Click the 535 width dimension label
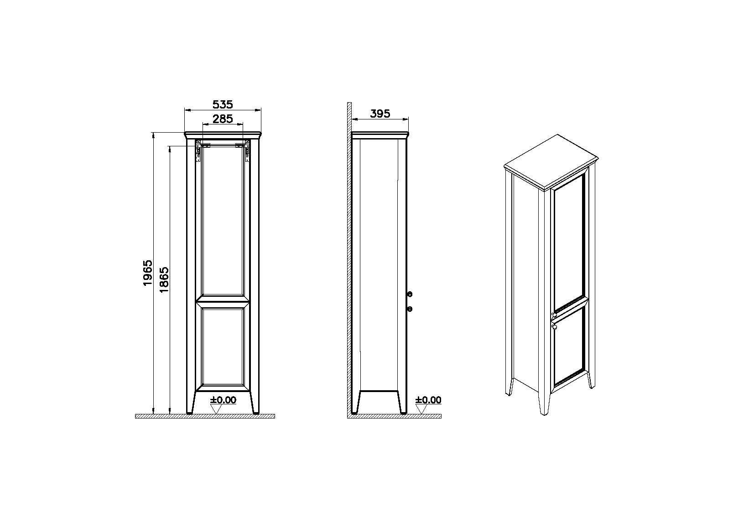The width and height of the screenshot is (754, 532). pos(223,105)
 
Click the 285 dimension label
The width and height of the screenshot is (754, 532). pos(223,119)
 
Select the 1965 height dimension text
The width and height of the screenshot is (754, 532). pos(148,273)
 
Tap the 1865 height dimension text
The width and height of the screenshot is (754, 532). pos(164,279)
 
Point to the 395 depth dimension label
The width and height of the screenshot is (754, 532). pos(380,114)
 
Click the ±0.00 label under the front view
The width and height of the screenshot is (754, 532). pos(223,400)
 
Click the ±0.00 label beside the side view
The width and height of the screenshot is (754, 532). pos(428,400)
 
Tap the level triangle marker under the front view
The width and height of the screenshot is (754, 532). pos(216,409)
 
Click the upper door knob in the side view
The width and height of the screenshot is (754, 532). pos(410,294)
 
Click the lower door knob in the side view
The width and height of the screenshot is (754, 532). pos(410,309)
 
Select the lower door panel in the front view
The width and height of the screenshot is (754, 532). pos(223,346)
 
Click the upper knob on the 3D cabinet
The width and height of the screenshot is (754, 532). pos(553,315)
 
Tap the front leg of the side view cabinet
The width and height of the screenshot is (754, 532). pos(403,402)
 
